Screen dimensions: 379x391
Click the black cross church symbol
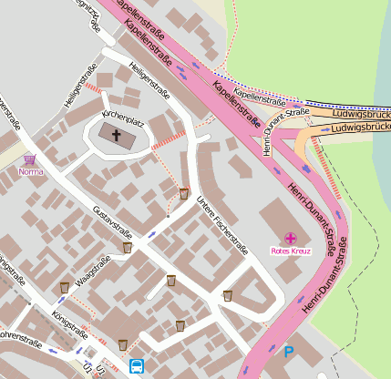pyautogui.click(x=116, y=136)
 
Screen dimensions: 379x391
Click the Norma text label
pyautogui.click(x=30, y=171)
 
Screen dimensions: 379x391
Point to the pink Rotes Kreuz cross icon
pyautogui.click(x=290, y=237)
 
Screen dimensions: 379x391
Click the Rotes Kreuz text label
pyautogui.click(x=290, y=250)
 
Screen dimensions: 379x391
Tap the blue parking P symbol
pyautogui.click(x=289, y=352)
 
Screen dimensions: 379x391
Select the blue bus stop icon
pyautogui.click(x=137, y=366)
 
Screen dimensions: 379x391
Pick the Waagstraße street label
pyautogui.click(x=94, y=272)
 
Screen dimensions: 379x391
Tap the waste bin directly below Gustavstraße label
pyautogui.click(x=128, y=247)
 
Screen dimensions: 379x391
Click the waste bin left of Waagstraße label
pyautogui.click(x=64, y=287)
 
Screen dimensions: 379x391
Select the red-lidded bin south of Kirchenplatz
pyautogui.click(x=184, y=193)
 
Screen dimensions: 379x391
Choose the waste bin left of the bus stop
pyautogui.click(x=122, y=344)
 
